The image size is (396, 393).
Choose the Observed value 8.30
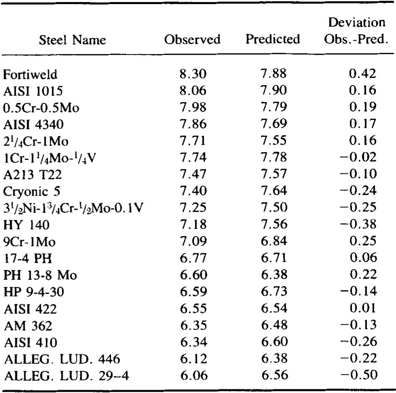tap(194, 75)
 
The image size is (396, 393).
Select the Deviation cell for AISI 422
tap(362, 309)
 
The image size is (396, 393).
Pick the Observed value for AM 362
tap(194, 326)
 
